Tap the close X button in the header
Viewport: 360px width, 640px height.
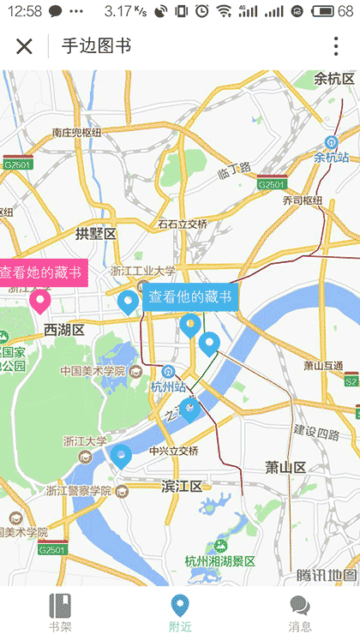point(24,46)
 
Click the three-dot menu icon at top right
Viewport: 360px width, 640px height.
point(336,46)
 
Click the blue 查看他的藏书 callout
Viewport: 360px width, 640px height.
point(190,296)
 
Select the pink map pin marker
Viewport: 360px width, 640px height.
point(39,301)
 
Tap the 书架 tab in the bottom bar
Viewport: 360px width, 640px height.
point(60,612)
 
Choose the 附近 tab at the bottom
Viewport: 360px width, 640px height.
point(180,612)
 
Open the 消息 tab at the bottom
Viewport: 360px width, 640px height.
point(300,612)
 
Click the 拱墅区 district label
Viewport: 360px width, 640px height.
point(95,234)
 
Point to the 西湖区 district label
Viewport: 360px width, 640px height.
point(64,330)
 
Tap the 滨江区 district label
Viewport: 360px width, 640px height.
point(182,487)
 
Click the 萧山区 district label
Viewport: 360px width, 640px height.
point(285,467)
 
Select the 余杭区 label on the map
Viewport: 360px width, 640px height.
point(334,79)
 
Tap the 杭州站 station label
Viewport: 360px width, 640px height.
point(168,386)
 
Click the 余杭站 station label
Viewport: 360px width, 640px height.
point(332,158)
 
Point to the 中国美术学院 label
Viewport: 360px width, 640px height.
point(93,371)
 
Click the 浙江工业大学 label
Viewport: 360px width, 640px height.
point(142,271)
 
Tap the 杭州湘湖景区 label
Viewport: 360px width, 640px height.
point(220,561)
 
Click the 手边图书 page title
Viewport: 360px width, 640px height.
point(97,46)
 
